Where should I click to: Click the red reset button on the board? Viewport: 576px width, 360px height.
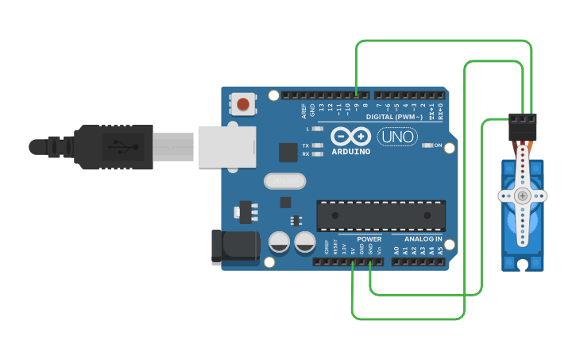(243, 104)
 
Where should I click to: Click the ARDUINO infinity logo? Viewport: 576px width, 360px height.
(350, 137)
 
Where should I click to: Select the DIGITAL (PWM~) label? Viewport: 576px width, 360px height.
(394, 118)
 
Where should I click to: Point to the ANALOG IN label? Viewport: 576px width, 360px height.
(423, 238)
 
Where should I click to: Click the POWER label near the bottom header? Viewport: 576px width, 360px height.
(369, 238)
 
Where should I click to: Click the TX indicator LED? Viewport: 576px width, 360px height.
(318, 145)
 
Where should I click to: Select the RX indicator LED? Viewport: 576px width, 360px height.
(318, 154)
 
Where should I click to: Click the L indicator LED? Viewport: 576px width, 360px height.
(318, 128)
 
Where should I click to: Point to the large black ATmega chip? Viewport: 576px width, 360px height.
(381, 215)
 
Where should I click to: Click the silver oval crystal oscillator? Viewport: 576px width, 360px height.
(284, 182)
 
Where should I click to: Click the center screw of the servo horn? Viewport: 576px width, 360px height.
(522, 195)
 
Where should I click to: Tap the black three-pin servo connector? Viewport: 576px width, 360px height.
(523, 125)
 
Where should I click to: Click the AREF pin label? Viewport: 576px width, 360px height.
(303, 109)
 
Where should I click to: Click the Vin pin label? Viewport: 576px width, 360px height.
(379, 250)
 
